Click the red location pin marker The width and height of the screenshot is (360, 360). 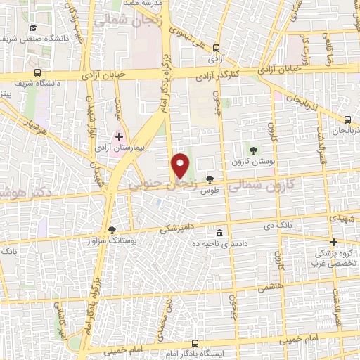[x=181, y=165]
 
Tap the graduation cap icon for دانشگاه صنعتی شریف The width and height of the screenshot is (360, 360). [x=33, y=28]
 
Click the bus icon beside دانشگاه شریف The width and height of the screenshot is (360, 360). [x=37, y=72]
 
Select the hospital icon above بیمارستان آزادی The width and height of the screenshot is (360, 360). [x=119, y=136]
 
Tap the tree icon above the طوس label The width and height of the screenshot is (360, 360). [x=209, y=180]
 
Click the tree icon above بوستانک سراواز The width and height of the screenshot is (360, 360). [x=112, y=229]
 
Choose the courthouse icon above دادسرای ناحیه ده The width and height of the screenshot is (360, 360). [x=220, y=233]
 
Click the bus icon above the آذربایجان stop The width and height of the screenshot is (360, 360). [x=348, y=120]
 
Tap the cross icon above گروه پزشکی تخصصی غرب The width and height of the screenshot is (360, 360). [x=334, y=242]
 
